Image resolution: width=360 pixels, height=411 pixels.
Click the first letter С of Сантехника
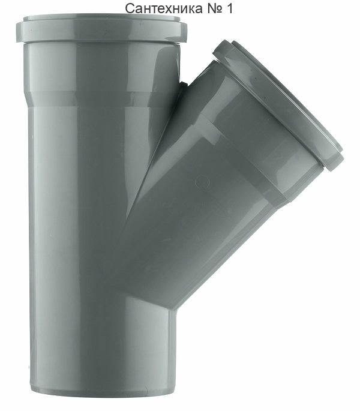130,9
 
